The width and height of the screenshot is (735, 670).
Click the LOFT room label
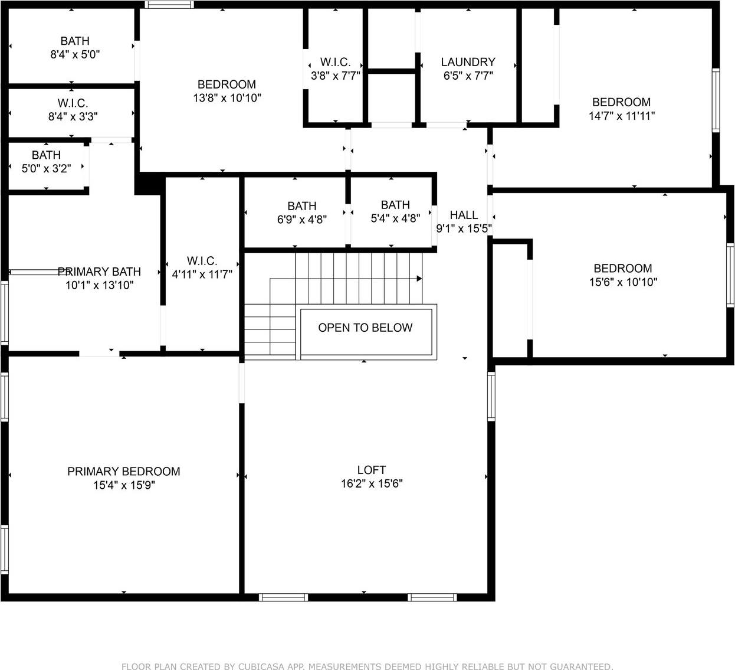coord(372,470)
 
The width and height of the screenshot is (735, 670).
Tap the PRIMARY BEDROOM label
coord(124,471)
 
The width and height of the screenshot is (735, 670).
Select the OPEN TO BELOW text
coord(365,328)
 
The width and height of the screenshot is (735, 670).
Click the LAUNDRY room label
coord(468,62)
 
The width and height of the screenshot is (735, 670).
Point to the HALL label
coord(464,215)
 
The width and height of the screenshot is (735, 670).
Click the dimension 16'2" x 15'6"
coord(372,483)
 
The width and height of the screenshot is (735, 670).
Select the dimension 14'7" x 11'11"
coord(622,116)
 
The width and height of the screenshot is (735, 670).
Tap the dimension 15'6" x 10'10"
coord(624,282)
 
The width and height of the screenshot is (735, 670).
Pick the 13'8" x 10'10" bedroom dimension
coord(227,98)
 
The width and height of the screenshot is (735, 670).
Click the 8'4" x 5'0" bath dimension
coord(75,55)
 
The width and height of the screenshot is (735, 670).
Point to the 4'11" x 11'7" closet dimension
coord(202,274)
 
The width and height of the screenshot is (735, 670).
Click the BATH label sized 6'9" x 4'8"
coord(302,206)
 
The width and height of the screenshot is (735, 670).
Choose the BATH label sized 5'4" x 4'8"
coord(395,205)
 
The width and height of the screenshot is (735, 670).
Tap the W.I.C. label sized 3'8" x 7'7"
coord(335,62)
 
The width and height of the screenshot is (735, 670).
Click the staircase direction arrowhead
coord(419,279)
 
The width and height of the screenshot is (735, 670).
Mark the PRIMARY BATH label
coord(99,272)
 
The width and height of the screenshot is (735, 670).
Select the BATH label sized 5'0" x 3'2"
coord(46,155)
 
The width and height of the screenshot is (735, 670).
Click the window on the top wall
coord(169,4)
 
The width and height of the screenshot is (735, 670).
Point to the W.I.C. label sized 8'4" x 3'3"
coord(73,103)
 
